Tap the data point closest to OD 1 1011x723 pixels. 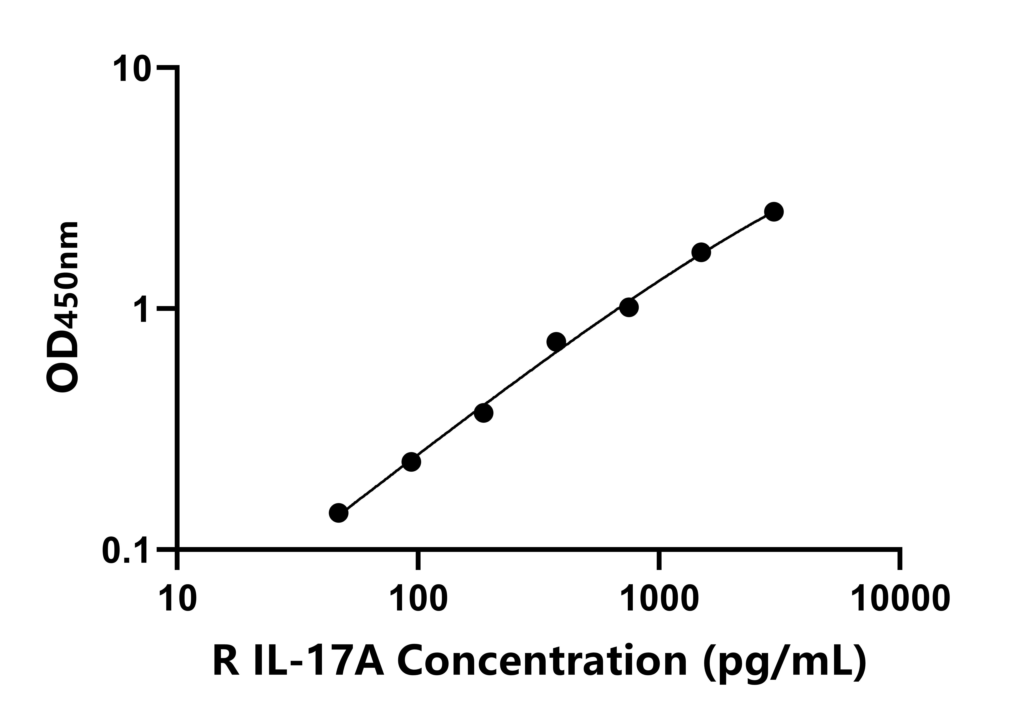click(629, 307)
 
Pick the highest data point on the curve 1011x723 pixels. click(774, 212)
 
